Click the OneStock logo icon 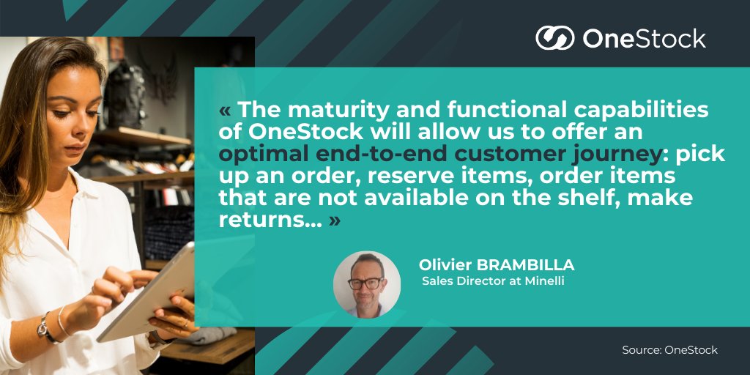[x=554, y=37]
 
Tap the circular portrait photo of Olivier [x=366, y=284]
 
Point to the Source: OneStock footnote [x=669, y=350]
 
